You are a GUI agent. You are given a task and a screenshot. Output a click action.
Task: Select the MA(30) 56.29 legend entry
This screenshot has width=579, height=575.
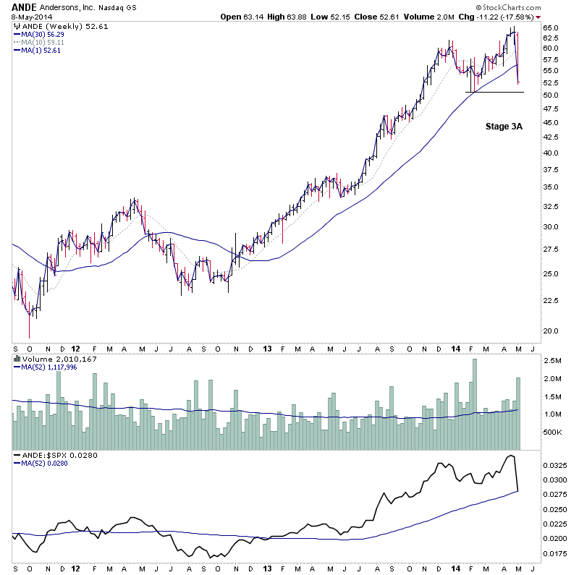click(x=44, y=33)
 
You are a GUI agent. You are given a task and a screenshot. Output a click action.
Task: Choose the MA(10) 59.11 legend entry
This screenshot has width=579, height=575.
click(x=44, y=41)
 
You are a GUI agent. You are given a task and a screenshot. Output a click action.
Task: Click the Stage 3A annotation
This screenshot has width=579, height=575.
click(x=504, y=126)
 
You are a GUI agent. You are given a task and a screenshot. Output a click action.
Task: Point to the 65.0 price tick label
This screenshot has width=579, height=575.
click(x=551, y=27)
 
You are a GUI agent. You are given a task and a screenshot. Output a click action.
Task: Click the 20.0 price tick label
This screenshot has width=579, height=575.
click(x=551, y=331)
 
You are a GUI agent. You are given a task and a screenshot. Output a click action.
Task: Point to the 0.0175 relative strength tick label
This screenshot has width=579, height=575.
click(x=557, y=554)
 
